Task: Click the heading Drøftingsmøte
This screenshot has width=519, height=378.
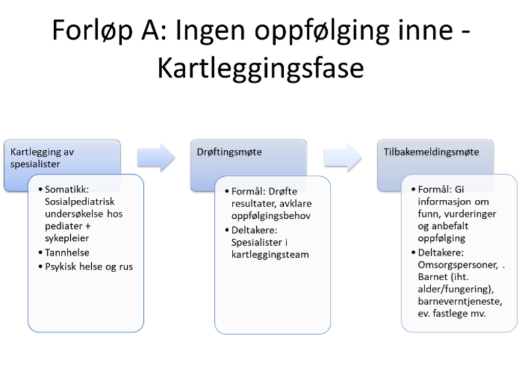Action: tap(226, 152)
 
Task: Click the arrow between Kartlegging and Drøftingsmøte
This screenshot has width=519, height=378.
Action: tap(155, 157)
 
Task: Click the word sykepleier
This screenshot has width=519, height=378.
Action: tap(75, 238)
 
